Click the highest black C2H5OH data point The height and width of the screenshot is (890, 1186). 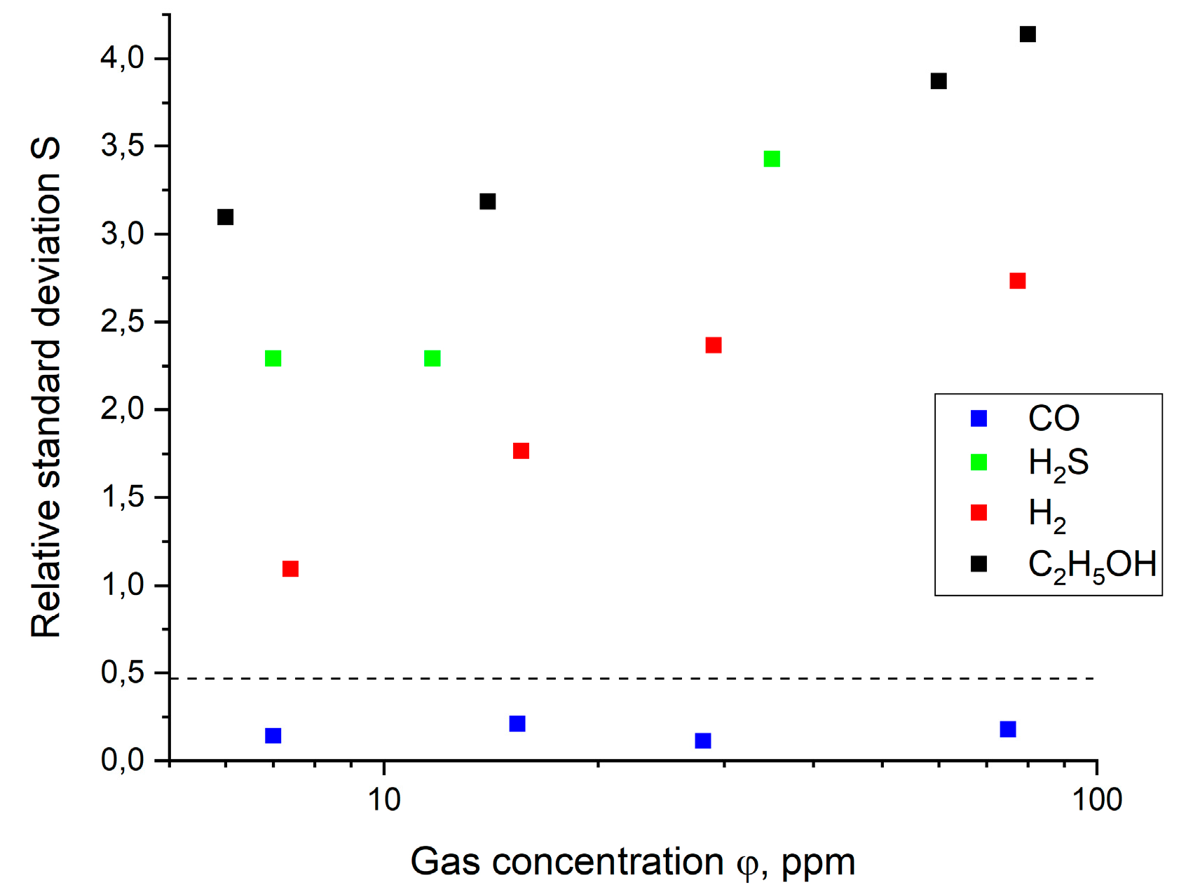[1028, 34]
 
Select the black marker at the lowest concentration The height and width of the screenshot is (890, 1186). [225, 217]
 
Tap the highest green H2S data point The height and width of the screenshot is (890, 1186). [772, 159]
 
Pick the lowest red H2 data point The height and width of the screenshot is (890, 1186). [290, 568]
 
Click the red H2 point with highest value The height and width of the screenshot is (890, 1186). [1018, 281]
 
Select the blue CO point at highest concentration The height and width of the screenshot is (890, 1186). [1008, 730]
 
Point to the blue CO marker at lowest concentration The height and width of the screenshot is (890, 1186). [273, 736]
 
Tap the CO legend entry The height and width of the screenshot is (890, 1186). [1053, 418]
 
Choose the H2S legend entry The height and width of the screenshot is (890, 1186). [1058, 463]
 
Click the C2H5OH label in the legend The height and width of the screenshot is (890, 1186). [1091, 565]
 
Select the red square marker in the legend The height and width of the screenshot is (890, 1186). [979, 513]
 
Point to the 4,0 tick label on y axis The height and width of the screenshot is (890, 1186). [123, 58]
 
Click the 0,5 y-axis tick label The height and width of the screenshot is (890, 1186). [123, 673]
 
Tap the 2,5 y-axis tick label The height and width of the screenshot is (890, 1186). [123, 322]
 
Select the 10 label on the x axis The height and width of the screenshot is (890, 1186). [384, 800]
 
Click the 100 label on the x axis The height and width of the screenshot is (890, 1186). [1097, 800]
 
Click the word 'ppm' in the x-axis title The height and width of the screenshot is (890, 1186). [818, 863]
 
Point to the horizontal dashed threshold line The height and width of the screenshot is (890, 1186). [631, 678]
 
